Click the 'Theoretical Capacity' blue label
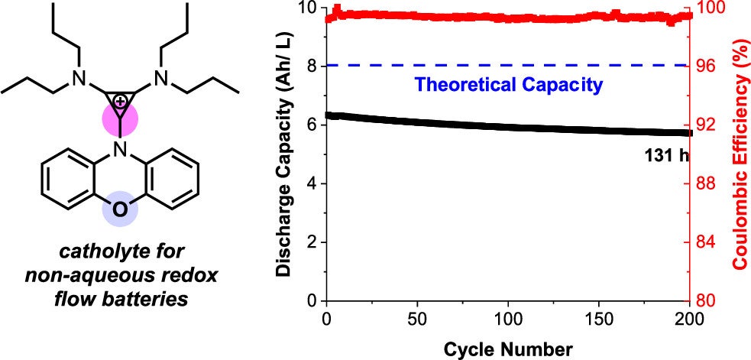pyautogui.click(x=508, y=84)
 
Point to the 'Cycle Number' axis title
pyautogui.click(x=508, y=349)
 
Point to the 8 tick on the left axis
pyautogui.click(x=312, y=66)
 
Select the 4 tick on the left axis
pyautogui.click(x=312, y=183)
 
